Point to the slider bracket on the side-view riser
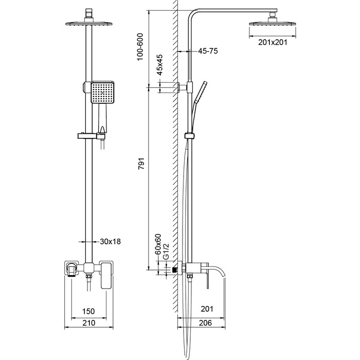point(190,136)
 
